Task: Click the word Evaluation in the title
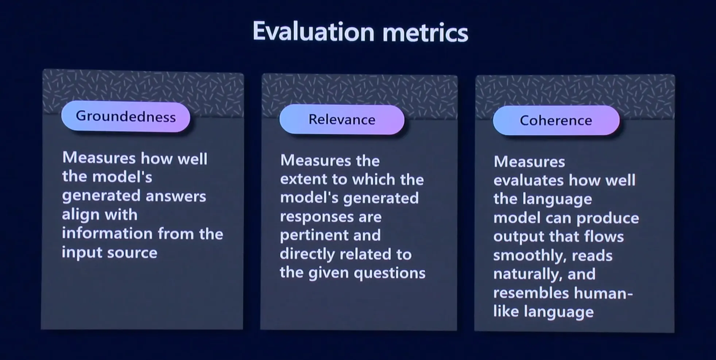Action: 313,32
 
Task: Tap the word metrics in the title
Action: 425,33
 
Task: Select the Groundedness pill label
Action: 126,116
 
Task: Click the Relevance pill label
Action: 342,120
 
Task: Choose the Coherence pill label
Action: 556,120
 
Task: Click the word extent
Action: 299,179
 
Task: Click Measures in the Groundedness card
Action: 99,158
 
